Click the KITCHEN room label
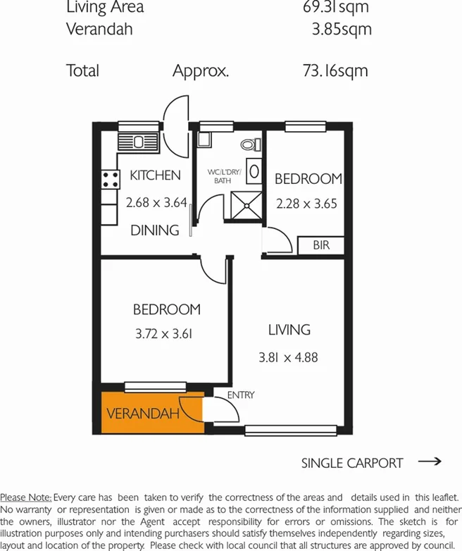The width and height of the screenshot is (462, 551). (x=155, y=175)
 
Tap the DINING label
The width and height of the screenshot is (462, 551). (x=155, y=230)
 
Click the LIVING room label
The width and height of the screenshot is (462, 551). (x=289, y=330)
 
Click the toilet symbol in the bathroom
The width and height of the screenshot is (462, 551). (x=248, y=145)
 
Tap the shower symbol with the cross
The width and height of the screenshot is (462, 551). (x=246, y=204)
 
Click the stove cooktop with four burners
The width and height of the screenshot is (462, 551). (x=110, y=180)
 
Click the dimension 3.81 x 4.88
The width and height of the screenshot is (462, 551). (x=288, y=357)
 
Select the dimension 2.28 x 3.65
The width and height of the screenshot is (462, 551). (x=308, y=205)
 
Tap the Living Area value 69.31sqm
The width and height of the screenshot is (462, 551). (x=334, y=8)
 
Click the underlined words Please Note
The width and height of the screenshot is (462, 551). (x=25, y=498)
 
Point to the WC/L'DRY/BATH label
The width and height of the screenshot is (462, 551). (x=223, y=176)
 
